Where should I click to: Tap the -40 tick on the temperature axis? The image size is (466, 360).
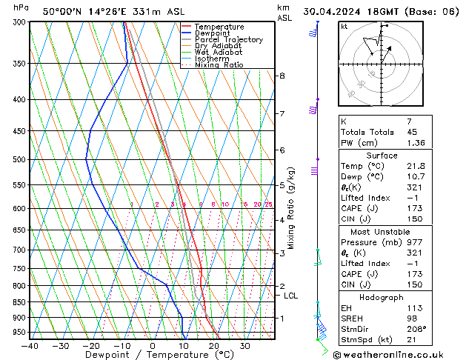(x=30, y=345)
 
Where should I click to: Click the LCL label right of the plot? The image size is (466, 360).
(x=291, y=296)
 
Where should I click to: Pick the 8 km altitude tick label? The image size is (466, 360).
(x=282, y=76)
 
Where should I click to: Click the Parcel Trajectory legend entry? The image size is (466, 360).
(x=229, y=39)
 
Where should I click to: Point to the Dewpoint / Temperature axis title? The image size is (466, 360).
(x=151, y=356)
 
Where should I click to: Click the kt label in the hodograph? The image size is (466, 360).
(x=344, y=26)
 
